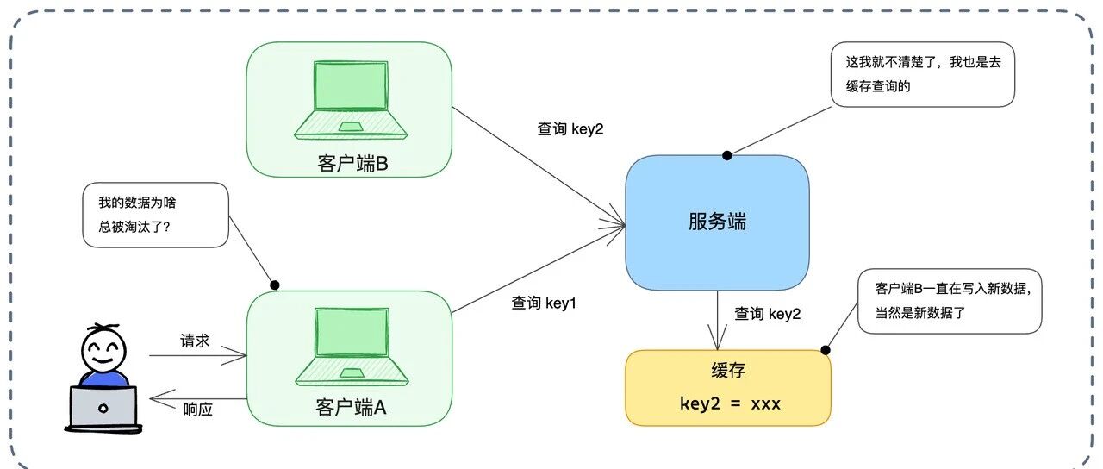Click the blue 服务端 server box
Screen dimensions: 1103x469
[x=717, y=222]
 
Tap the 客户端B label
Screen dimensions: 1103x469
[x=352, y=164]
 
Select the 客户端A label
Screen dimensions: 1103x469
[x=351, y=408]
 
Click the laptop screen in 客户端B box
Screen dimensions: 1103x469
[x=351, y=85]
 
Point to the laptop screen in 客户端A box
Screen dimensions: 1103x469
[x=352, y=333]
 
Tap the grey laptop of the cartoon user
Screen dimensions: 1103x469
[x=103, y=408]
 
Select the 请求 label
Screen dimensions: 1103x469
[x=195, y=341]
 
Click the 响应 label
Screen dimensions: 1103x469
[x=197, y=409]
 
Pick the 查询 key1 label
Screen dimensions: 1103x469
[x=544, y=303]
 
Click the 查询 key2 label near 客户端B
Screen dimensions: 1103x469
[x=570, y=128]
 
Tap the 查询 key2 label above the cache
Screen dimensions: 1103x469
[x=767, y=314]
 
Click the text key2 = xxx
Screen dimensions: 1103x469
[x=730, y=404]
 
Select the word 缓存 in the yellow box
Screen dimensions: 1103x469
[x=728, y=370]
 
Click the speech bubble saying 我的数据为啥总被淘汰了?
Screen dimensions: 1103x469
[x=156, y=215]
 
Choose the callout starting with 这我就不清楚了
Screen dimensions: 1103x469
[x=923, y=74]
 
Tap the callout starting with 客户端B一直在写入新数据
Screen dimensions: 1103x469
[x=950, y=301]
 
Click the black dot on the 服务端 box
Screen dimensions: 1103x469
[x=727, y=156]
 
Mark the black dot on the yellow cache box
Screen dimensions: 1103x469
[x=826, y=350]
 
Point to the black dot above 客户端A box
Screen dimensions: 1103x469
[x=275, y=285]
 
